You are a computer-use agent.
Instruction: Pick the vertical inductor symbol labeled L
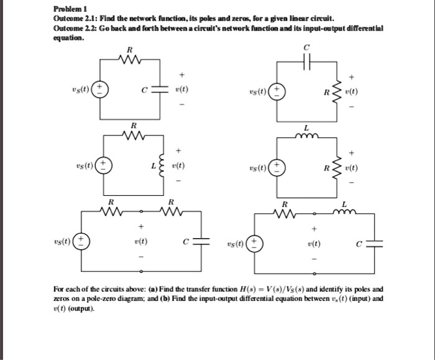(x=164, y=166)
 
